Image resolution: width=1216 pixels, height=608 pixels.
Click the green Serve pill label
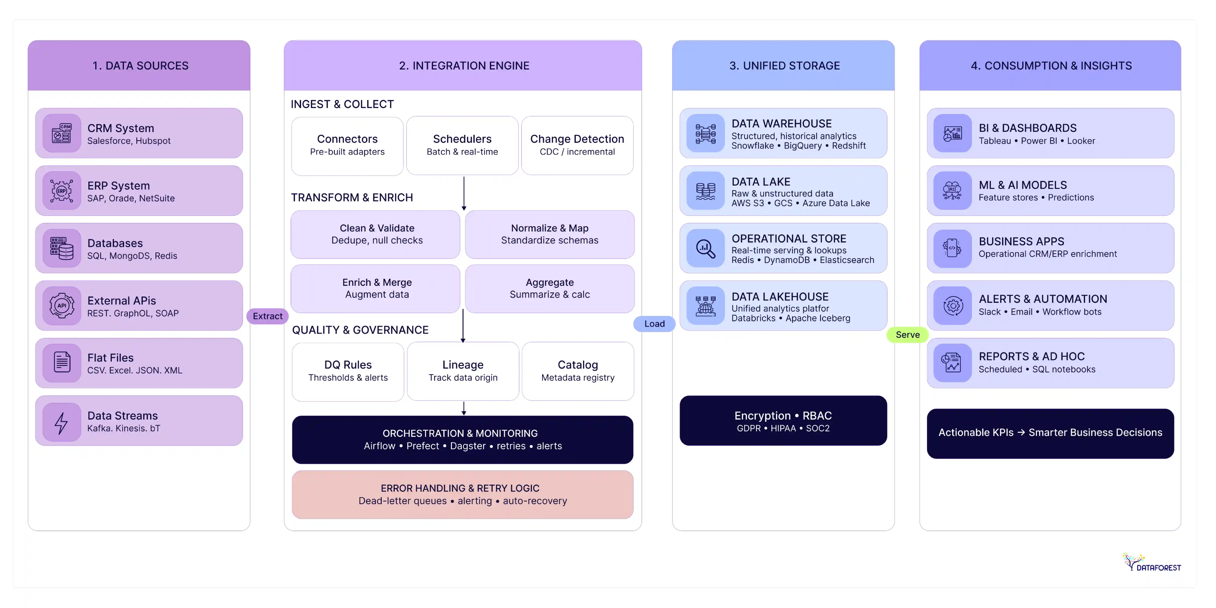click(907, 335)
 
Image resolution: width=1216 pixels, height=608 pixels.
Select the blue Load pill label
click(654, 324)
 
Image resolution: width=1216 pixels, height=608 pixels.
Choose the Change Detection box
click(577, 145)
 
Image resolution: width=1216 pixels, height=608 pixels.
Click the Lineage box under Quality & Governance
click(463, 371)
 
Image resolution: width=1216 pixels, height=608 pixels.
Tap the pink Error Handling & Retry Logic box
click(462, 494)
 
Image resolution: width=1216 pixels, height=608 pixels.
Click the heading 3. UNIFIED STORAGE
click(784, 66)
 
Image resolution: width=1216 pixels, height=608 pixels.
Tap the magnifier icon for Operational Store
click(705, 248)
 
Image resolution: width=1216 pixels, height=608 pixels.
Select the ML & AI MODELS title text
click(1022, 185)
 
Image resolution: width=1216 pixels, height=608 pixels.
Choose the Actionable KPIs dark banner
click(1050, 433)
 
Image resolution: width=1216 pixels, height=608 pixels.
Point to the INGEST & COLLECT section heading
click(342, 104)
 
